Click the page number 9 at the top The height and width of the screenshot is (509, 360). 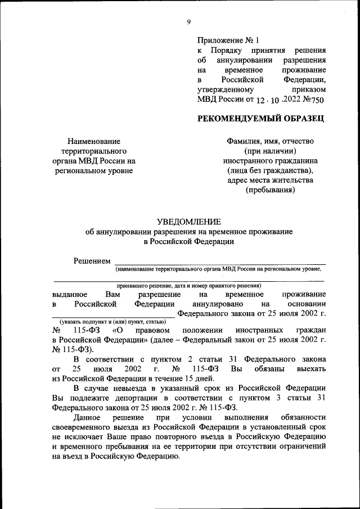pyautogui.click(x=188, y=22)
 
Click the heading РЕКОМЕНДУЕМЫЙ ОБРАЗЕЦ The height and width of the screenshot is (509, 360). pyautogui.click(x=261, y=118)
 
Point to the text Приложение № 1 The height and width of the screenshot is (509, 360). pyautogui.click(x=228, y=40)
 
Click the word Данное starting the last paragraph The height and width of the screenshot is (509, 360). pyautogui.click(x=87, y=418)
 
